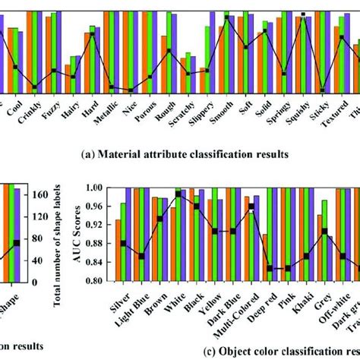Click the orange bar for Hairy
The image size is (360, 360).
[x=67, y=79]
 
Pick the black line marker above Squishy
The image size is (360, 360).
[x=303, y=14]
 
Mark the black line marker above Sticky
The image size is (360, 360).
[x=324, y=90]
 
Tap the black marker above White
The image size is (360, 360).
[x=178, y=194]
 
